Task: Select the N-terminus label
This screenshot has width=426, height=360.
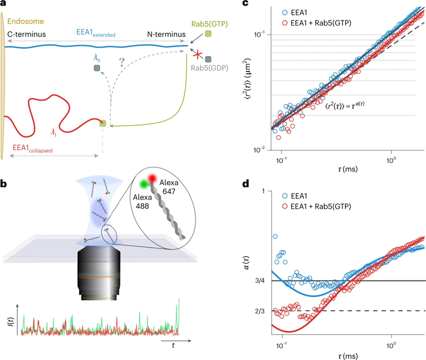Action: (166, 35)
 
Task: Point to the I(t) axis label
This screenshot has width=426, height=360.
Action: (10, 323)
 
